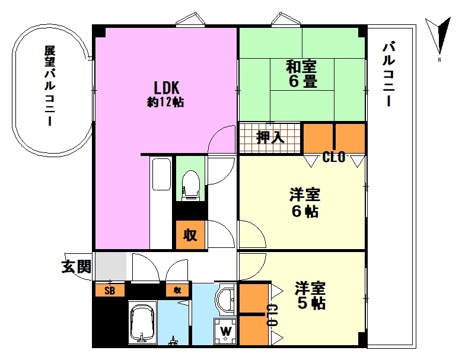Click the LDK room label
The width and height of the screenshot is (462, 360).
coord(166,93)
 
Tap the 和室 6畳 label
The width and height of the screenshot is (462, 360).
coord(301,74)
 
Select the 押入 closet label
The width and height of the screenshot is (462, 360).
coord(270,137)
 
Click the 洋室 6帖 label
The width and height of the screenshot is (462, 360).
coord(305,203)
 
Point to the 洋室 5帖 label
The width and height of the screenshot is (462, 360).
coord(311,295)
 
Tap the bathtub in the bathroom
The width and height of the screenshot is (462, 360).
coord(141,323)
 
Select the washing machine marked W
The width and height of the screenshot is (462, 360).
coord(225,331)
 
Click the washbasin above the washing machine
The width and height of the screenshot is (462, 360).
coord(226,300)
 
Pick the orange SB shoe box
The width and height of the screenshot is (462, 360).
coord(110,290)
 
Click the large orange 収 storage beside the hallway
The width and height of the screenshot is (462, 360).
coord(190,235)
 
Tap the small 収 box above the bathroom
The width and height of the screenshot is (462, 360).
coord(177,291)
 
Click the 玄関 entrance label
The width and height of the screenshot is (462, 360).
coord(77,267)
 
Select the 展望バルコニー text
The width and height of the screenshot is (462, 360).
coord(50,86)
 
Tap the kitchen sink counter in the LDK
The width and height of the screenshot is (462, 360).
coord(161,203)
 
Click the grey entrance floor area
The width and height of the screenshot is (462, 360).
coord(111,266)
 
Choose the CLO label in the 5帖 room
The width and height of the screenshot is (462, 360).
coord(272,315)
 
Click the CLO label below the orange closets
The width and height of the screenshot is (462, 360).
coord(334,157)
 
